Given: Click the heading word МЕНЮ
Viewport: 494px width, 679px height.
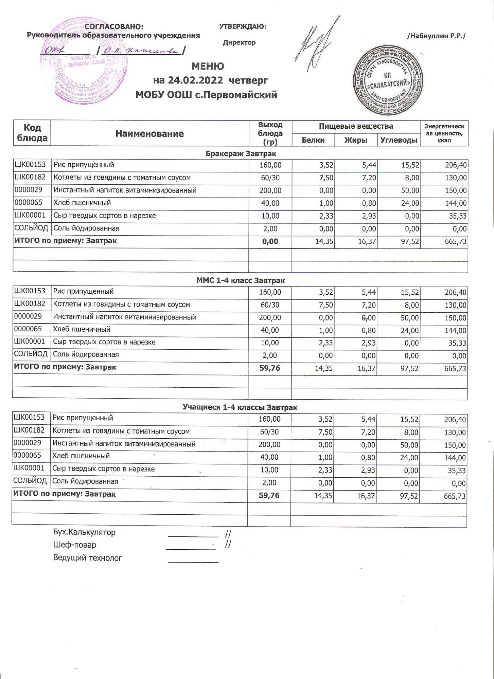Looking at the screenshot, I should (x=208, y=66).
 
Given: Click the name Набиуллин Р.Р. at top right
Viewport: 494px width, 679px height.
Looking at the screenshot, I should (x=436, y=36).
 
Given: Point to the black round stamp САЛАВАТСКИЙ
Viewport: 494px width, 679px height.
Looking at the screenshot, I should (x=389, y=82).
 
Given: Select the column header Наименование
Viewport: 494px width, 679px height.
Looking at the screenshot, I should (x=149, y=134).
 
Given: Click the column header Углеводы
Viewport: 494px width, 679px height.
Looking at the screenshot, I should (x=399, y=140).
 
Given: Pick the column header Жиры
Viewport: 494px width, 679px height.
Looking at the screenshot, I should (x=356, y=140).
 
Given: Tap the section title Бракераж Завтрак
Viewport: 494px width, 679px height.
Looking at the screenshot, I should (x=241, y=153).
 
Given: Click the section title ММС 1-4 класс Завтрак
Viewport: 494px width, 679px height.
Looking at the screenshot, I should (x=241, y=280).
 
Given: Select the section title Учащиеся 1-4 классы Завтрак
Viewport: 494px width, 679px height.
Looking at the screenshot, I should (x=240, y=407).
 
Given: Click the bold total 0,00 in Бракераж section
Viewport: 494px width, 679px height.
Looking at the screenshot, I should (x=270, y=242).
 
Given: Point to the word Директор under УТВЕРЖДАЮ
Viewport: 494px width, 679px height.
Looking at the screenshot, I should (x=239, y=43).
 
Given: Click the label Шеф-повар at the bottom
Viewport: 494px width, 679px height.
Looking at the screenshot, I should (x=74, y=545).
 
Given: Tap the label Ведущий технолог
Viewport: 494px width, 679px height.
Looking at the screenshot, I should (x=87, y=558).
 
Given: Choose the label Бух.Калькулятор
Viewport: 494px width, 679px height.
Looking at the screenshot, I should (x=84, y=532).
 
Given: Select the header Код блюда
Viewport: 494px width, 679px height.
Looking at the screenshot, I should (x=32, y=133).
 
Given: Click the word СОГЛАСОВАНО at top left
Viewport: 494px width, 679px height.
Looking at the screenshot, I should (x=114, y=27).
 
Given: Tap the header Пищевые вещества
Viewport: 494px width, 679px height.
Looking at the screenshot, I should (x=356, y=126).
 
